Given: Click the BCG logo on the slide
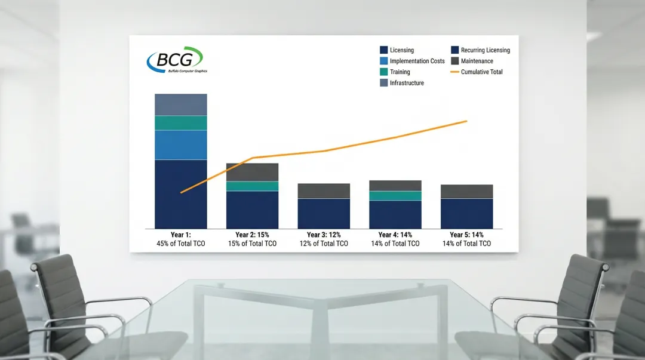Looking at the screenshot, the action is point(177,60).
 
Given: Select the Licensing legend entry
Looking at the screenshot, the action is point(397,50).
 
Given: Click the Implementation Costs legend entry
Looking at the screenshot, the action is point(412,61).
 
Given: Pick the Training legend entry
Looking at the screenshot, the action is point(395,72).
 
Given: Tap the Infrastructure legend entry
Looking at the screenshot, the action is point(402,83).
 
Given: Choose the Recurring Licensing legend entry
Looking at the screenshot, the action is point(480,50).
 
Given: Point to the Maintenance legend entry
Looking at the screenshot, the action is point(472,61).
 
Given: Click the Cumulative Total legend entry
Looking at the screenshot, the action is point(477,72).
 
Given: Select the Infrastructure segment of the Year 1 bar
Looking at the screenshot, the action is point(181,105).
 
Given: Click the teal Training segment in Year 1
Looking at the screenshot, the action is point(181,123).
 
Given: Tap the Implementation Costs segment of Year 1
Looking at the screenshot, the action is point(181,145).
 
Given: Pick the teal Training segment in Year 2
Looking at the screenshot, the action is point(252,186).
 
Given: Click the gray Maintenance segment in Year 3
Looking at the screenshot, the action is point(324,191).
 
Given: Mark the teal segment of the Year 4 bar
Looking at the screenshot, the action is point(395,196).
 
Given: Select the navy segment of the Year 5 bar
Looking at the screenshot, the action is point(467,214).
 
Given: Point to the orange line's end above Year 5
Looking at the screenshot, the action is point(466,121).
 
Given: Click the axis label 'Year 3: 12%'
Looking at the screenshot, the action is point(324,235).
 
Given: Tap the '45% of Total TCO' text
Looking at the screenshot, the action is point(180,244).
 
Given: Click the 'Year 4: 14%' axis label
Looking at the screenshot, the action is point(395,235).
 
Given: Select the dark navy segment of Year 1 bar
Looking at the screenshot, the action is point(181,194).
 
